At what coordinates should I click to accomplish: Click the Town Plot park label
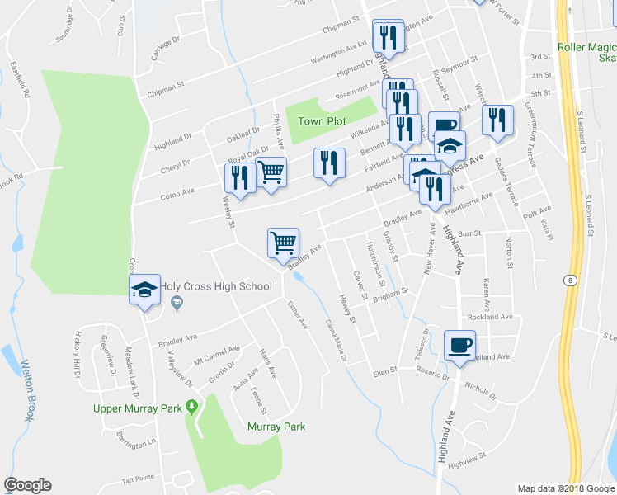pos(322,121)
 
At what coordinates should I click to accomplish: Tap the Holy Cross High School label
pos(216,287)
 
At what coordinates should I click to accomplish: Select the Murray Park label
pos(276,427)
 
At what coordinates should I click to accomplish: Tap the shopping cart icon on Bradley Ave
pos(283,243)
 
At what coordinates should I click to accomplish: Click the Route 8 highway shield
pos(571,280)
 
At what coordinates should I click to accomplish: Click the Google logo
pos(27,485)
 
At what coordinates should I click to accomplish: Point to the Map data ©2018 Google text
pos(564,488)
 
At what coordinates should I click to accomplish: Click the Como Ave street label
pos(177,191)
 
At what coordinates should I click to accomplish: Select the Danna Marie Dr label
pos(335,340)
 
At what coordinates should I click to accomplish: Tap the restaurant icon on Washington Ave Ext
pos(386,37)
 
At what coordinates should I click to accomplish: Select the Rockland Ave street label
pos(490,317)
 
